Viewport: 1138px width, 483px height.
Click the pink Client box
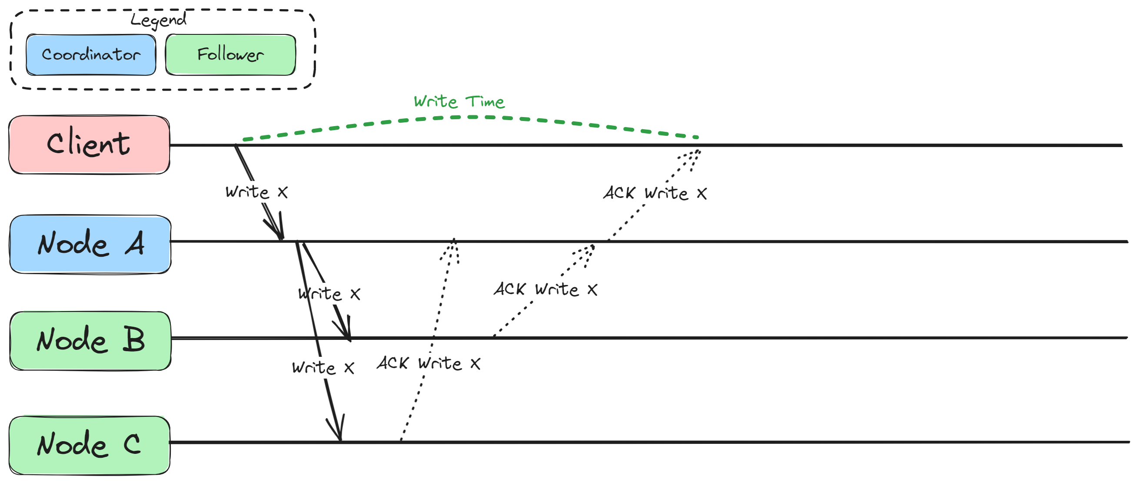point(89,144)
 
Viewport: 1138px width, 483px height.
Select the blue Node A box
point(90,244)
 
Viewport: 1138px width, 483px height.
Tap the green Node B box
point(90,340)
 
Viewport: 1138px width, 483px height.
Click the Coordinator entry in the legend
point(91,55)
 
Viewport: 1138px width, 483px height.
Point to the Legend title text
point(158,20)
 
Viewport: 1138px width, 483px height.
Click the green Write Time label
point(459,102)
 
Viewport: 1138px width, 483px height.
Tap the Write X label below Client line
point(256,192)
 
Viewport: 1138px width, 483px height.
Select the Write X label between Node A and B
point(329,294)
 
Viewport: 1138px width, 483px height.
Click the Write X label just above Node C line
point(323,368)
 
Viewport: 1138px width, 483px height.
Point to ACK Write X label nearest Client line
point(655,193)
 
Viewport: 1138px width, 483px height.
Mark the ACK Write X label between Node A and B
point(545,290)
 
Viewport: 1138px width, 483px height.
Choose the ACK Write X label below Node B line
point(428,364)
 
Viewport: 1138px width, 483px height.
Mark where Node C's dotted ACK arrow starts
point(401,440)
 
